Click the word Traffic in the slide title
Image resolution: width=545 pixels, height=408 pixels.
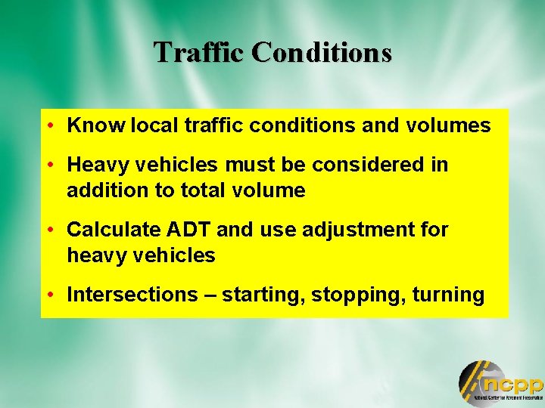200,52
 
